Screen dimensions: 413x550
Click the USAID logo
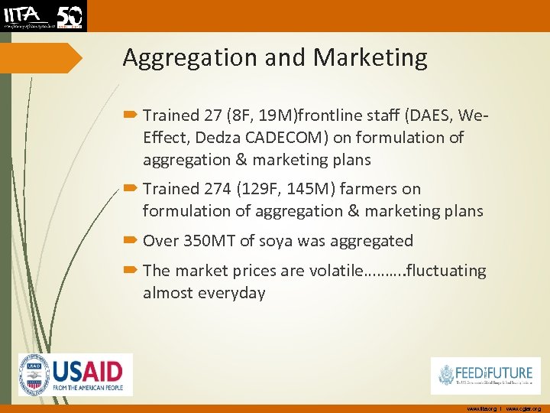(x=76, y=375)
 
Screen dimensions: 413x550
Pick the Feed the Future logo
(x=485, y=376)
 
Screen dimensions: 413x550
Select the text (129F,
(x=262, y=189)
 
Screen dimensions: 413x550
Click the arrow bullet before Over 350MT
(x=131, y=241)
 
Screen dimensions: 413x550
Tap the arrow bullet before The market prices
(x=131, y=271)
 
